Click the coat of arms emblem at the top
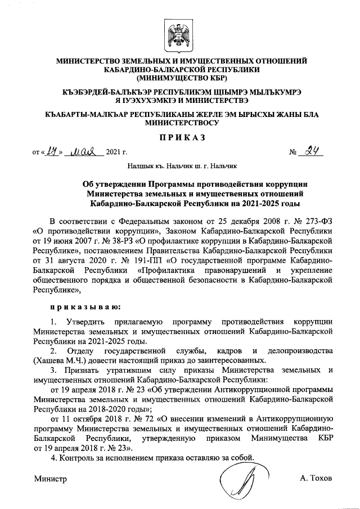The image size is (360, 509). click(179, 33)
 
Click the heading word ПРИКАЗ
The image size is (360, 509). click(179, 137)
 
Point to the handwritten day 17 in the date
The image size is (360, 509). click(52, 151)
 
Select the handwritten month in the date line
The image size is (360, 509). click(83, 151)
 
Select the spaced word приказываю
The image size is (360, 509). click(84, 307)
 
